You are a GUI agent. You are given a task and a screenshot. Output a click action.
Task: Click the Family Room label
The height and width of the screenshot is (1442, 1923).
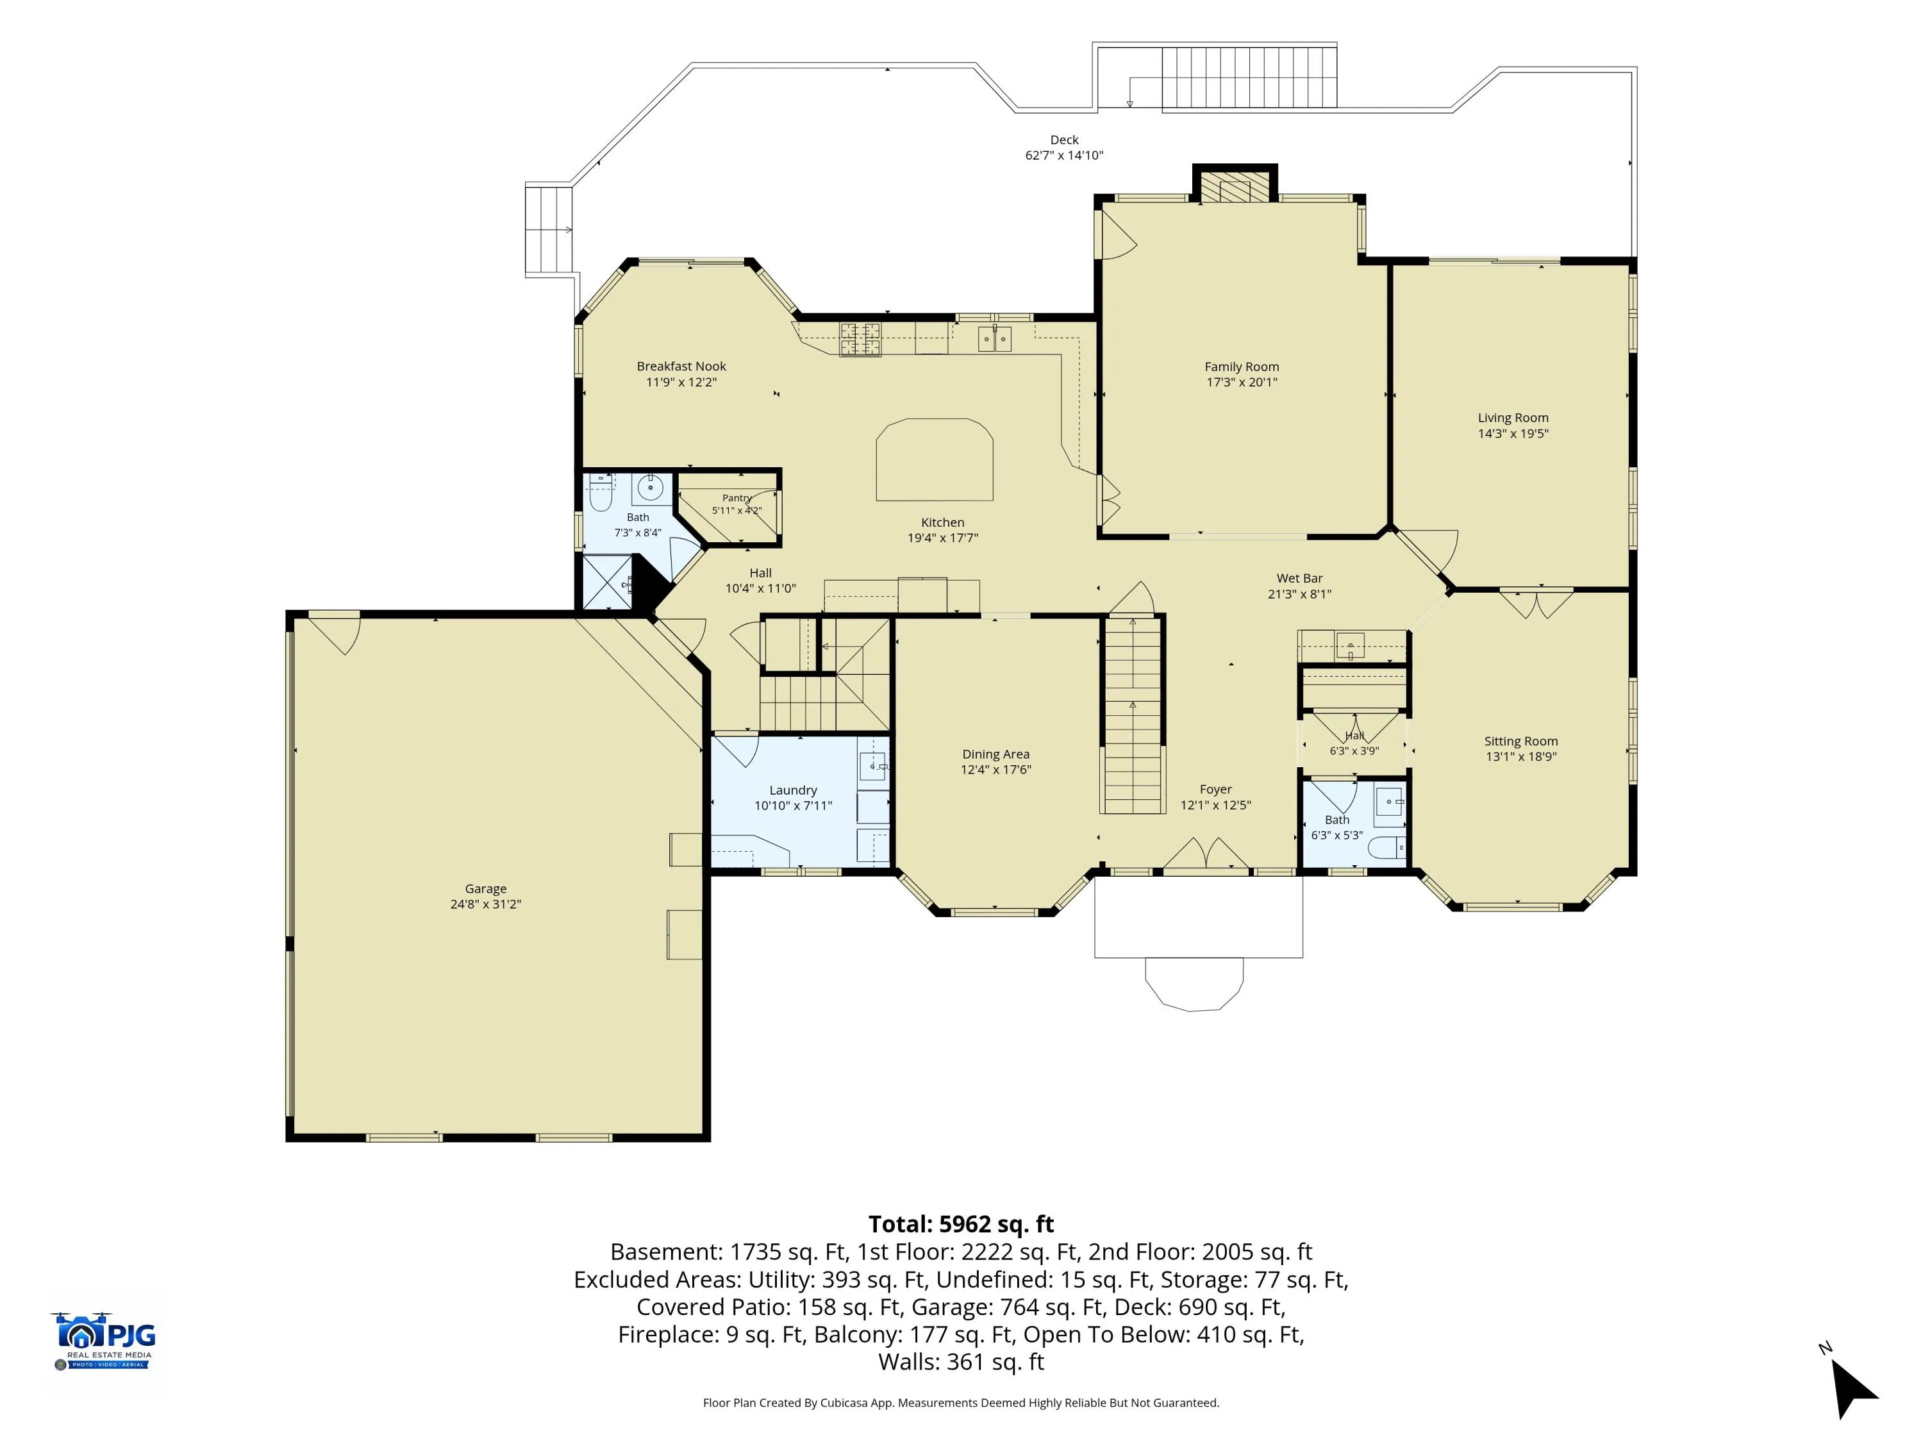tap(1242, 367)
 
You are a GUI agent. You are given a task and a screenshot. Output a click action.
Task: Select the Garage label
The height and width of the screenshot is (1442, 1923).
tap(485, 889)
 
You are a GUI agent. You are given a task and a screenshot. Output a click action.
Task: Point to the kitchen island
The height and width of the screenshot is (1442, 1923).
tap(935, 460)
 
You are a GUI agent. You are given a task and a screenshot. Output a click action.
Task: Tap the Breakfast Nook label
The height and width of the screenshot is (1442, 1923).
tap(681, 367)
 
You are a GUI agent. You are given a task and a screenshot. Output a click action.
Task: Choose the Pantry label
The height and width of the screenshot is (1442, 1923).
tap(737, 498)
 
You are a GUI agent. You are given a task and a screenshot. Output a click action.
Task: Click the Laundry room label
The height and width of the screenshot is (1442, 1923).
tap(793, 790)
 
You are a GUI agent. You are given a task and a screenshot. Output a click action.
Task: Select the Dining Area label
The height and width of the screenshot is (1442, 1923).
tap(995, 754)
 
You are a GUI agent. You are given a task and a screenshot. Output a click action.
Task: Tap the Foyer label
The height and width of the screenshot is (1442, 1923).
tap(1215, 789)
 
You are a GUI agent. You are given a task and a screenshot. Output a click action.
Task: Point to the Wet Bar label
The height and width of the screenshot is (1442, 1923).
tap(1300, 578)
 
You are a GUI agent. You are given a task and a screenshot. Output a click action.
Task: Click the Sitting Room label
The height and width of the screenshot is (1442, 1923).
tap(1520, 742)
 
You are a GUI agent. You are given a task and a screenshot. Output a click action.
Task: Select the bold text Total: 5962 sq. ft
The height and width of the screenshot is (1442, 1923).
tap(961, 1224)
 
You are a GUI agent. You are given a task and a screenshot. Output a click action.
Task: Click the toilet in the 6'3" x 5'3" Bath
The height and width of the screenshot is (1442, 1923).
tap(1386, 847)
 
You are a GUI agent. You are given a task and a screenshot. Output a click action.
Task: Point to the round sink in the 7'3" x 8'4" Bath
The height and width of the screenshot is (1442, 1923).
tap(650, 488)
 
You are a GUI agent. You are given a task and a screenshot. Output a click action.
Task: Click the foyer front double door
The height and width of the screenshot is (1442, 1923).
tap(1206, 854)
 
